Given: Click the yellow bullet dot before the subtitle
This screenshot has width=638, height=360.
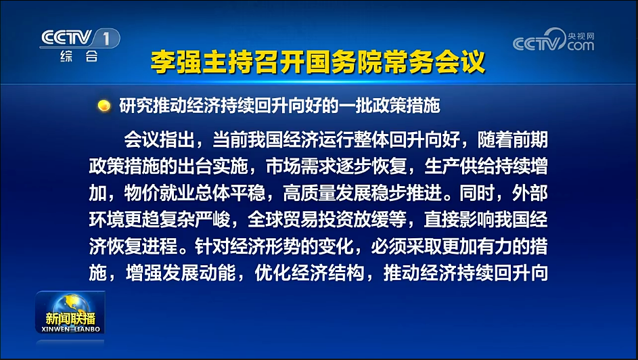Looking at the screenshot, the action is tap(104, 106).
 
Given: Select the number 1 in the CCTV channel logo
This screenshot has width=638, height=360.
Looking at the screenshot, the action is tap(107, 39).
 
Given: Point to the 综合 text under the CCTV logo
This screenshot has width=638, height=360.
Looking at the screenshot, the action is tap(79, 56).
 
